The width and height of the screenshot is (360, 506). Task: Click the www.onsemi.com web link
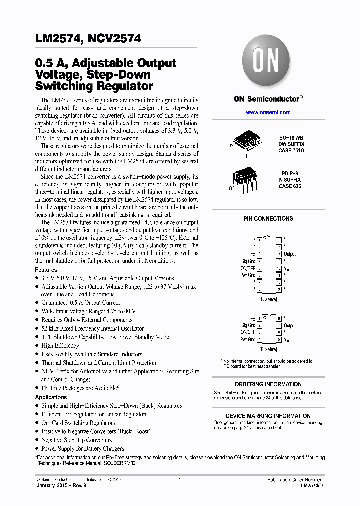coord(268,112)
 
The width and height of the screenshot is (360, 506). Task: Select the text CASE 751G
coord(291,150)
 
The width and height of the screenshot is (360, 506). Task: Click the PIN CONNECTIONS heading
coord(268,219)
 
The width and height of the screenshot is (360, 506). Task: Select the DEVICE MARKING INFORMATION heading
coord(268,416)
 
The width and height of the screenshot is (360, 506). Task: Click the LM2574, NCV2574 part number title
coord(88,39)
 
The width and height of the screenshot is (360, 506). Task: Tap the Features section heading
coord(46,270)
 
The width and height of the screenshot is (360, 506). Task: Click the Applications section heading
coord(51,397)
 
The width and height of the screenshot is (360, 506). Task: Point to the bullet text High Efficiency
coord(60,345)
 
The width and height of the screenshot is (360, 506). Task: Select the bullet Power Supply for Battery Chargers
coord(83,448)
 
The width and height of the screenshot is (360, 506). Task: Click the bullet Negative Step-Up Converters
coord(76,440)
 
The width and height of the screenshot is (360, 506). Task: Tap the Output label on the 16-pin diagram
coord(290,254)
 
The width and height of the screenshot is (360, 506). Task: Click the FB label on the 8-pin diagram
coord(253,318)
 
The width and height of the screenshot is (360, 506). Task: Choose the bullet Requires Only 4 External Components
coord(87,320)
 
